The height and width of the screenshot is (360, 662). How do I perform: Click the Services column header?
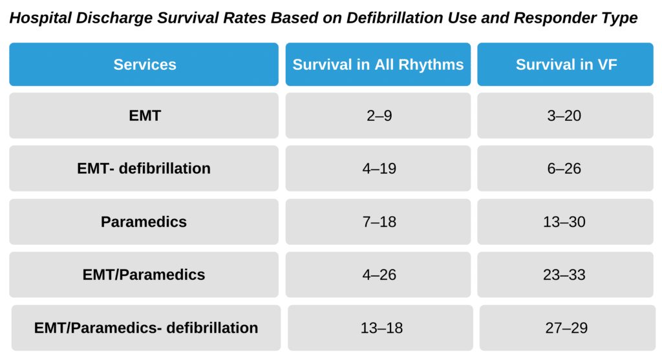144,65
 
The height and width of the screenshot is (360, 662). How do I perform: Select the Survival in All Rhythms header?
378,65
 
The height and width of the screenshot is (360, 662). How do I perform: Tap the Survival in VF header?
566,65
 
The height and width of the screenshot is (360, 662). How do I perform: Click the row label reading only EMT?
144,116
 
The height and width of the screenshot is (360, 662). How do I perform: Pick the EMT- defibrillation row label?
144,169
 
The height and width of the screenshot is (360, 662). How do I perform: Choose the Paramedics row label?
144,222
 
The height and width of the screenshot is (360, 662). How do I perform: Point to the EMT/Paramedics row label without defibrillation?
144,275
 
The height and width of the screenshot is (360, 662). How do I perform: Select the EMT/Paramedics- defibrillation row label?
146,328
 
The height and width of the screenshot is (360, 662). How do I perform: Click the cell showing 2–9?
378,116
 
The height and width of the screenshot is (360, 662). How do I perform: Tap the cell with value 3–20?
566,116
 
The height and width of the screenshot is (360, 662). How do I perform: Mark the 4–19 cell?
378,169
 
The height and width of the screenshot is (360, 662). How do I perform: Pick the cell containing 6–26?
566,169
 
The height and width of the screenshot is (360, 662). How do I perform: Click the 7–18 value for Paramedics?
378,222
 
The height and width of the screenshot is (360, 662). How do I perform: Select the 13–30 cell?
566,222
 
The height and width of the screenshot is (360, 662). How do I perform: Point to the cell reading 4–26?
378,275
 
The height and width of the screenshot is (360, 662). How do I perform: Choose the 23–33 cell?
566,275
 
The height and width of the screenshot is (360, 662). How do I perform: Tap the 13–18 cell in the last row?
381,328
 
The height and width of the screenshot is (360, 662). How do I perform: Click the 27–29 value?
567,328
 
